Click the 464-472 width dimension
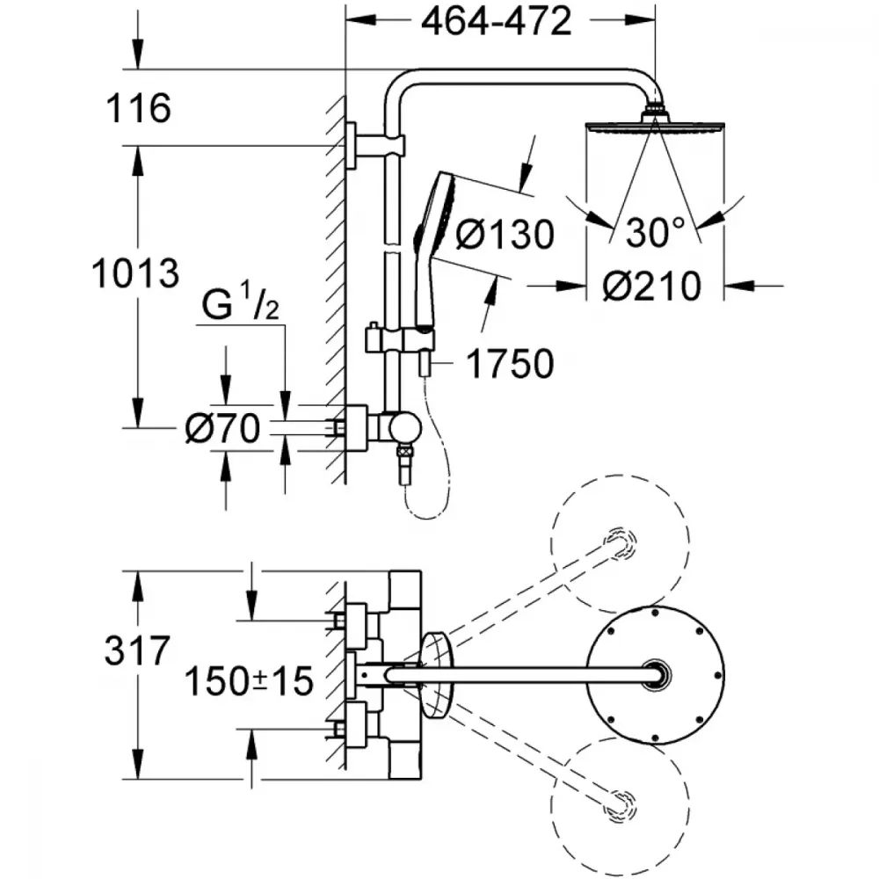point(496,22)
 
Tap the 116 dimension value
point(139,108)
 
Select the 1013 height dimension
point(135,273)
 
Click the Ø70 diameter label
point(223,428)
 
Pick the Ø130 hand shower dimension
point(505,234)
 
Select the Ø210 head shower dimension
point(652,286)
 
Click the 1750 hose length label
point(510,364)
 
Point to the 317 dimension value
point(137,650)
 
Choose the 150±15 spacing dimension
point(249,681)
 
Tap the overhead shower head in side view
point(656,126)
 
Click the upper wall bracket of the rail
point(374,145)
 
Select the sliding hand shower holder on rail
point(399,339)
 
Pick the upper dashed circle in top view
point(620,543)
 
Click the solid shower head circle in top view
point(656,675)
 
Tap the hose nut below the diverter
point(403,451)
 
